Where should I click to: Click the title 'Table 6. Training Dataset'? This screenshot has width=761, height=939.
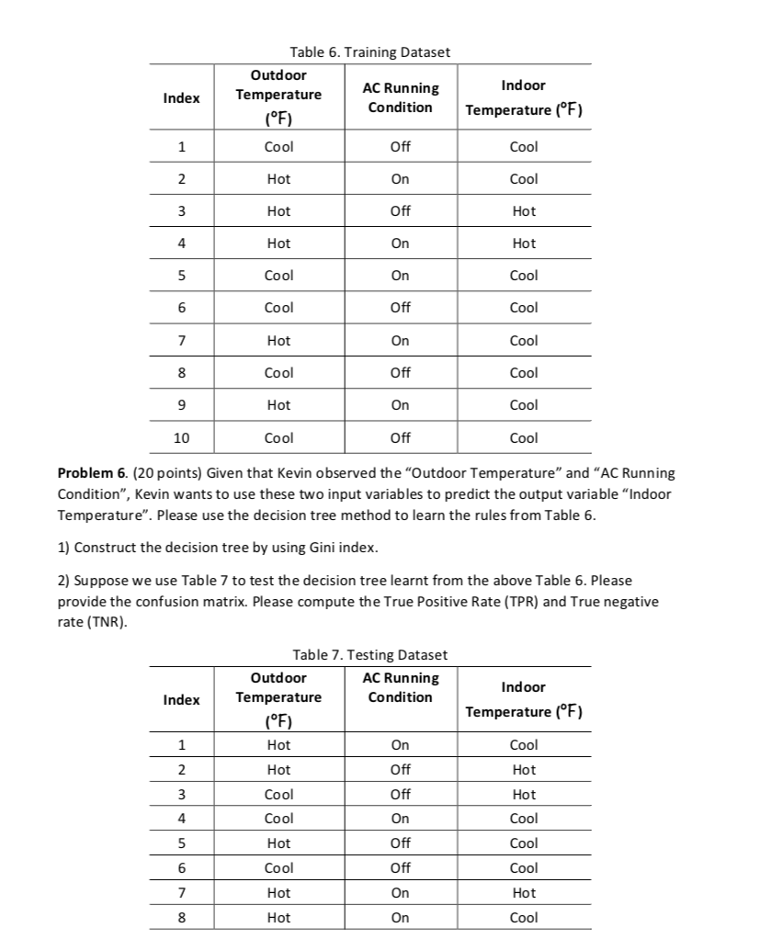(369, 52)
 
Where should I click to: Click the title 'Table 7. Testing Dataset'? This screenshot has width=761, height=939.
(369, 655)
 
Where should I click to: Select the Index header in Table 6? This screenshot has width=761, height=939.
(181, 98)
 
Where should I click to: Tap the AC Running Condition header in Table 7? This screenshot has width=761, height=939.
(401, 687)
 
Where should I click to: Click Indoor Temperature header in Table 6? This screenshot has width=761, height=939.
(524, 97)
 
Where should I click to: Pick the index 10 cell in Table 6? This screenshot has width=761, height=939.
(181, 438)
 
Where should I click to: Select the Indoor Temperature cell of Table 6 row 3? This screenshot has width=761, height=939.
(524, 211)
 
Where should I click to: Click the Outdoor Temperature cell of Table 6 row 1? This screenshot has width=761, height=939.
(278, 147)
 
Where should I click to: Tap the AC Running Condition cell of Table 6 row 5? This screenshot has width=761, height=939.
(401, 276)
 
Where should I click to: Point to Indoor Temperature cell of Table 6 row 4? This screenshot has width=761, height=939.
(524, 243)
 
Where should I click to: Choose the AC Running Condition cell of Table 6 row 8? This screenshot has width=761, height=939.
(401, 373)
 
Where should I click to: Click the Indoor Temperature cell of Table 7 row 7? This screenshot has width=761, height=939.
(524, 892)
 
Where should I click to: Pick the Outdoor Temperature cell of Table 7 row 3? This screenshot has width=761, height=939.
(278, 794)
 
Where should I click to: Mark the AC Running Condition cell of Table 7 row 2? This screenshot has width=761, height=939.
(401, 770)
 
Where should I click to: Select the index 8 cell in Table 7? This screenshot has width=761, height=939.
(181, 917)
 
